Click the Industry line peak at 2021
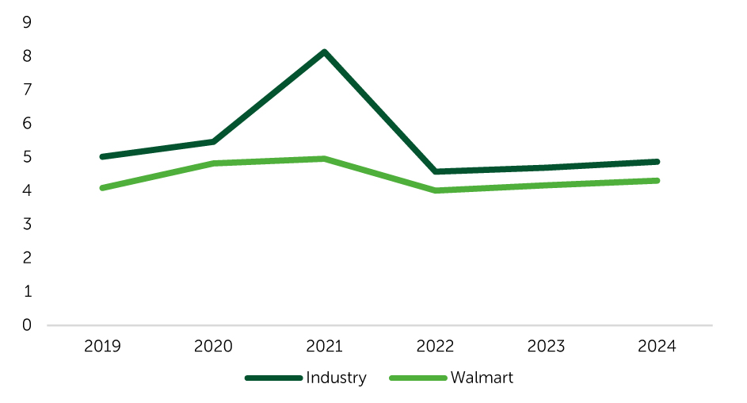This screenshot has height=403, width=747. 325,52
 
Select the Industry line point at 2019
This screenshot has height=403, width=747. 102,156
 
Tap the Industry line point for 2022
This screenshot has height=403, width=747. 436,171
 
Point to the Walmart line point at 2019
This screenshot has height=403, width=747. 102,187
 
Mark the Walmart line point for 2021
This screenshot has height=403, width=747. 325,159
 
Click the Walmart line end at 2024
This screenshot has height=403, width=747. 657,181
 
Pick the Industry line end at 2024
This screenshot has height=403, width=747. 657,162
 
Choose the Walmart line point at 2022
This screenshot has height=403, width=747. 436,190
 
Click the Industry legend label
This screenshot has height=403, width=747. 337,378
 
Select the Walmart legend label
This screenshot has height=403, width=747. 482,378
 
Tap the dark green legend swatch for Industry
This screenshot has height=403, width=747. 273,378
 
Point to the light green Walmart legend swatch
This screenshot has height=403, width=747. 418,378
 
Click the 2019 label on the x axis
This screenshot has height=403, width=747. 102,346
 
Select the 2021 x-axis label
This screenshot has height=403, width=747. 325,346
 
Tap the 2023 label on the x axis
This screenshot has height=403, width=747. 546,346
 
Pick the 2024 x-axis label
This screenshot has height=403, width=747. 657,346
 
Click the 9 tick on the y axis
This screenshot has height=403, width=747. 27,22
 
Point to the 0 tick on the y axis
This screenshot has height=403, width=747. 27,324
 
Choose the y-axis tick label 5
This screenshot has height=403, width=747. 27,156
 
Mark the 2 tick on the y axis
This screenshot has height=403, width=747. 27,258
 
